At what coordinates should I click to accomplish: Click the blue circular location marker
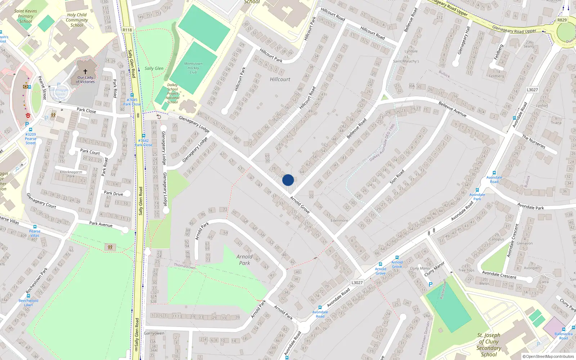tap(288, 180)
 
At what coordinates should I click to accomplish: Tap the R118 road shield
tap(127, 30)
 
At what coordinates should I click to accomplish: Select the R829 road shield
tap(562, 20)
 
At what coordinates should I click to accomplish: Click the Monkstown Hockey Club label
tap(193, 68)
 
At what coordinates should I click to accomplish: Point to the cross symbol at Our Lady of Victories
tap(85, 72)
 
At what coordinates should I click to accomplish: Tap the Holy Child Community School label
tap(77, 20)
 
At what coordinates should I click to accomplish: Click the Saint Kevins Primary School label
tap(26, 16)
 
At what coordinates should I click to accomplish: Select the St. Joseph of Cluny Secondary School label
tap(489, 345)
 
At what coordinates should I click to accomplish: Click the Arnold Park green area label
tap(244, 260)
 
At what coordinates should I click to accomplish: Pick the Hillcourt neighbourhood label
tap(280, 79)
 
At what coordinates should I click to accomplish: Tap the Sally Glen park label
tap(154, 68)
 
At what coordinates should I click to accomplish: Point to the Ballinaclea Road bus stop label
tap(563, 336)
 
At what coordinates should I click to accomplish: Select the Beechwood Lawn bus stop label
tap(28, 302)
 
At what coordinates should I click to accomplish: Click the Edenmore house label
tap(339, 220)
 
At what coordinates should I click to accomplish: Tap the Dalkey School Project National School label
tap(172, 94)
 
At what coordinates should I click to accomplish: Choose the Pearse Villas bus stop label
tap(35, 233)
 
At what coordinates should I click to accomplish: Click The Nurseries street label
tap(534, 141)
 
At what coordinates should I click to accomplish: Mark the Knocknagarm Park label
tap(71, 174)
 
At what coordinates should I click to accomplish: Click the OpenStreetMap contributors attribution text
tap(548, 356)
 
